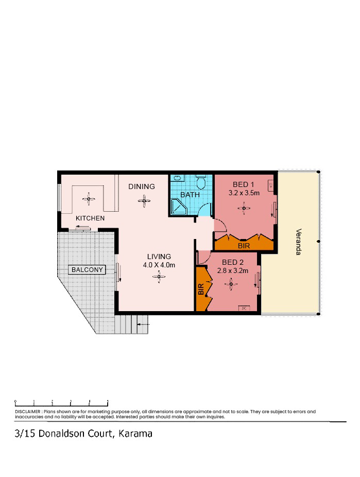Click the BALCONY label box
(x=87, y=270)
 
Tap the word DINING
(x=142, y=186)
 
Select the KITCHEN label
(x=90, y=218)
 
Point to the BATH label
(x=190, y=195)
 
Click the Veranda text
(x=299, y=242)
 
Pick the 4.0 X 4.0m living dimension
(x=159, y=265)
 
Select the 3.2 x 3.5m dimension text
(x=244, y=193)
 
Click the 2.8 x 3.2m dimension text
(x=233, y=270)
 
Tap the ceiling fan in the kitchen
(x=89, y=199)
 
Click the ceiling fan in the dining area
(x=144, y=201)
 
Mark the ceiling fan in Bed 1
(x=244, y=209)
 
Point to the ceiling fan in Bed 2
(x=231, y=284)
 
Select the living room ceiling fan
(x=159, y=277)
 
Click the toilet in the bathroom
(x=201, y=182)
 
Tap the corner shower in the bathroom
(x=179, y=207)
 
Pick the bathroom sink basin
(x=178, y=178)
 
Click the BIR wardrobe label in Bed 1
(x=244, y=246)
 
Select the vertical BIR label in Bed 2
(x=201, y=289)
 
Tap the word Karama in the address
(x=135, y=434)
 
